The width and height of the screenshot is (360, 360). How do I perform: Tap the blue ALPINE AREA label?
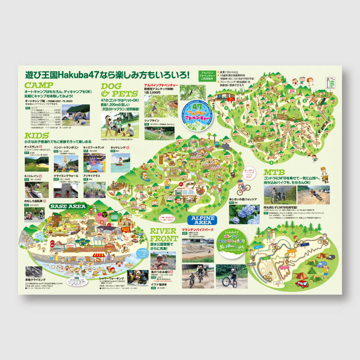[x=202, y=220]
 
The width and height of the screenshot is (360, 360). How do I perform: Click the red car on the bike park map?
[x=301, y=284]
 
